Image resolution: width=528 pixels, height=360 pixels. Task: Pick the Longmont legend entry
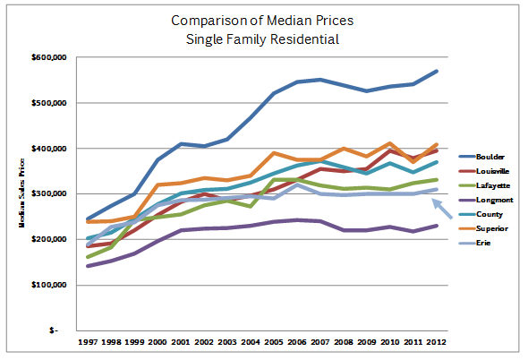[486, 201]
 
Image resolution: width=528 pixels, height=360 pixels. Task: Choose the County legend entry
[481, 214]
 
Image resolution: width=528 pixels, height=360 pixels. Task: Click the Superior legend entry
[483, 228]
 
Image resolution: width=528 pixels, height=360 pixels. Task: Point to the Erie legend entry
[474, 243]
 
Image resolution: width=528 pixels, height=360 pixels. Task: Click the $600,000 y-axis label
[49, 57]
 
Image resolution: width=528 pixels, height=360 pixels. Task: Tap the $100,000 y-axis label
[49, 285]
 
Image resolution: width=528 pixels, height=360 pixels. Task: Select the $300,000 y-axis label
[49, 193]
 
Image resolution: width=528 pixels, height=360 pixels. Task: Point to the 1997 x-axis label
[88, 342]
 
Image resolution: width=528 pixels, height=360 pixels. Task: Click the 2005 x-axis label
[274, 342]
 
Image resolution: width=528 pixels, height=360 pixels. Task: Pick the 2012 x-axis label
[437, 342]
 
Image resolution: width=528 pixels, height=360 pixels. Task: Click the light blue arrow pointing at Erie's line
[442, 209]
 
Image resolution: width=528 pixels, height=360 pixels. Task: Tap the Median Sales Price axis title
[21, 193]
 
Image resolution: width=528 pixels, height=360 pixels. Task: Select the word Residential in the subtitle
[304, 39]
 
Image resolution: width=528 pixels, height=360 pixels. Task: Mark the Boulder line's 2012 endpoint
[437, 72]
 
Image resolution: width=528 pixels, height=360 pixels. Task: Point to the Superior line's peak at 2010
[390, 143]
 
